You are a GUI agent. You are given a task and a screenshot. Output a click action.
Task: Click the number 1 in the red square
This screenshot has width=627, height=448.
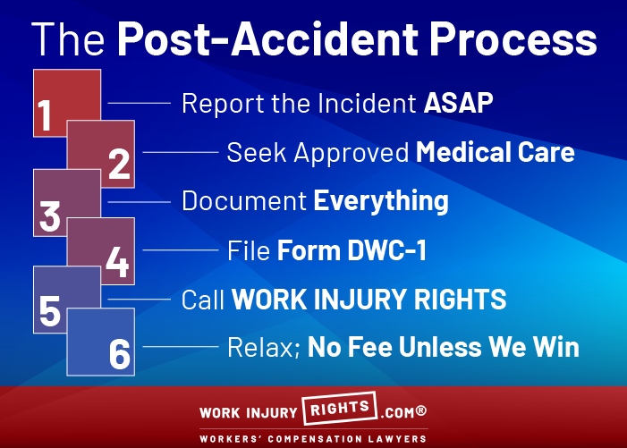(x=45, y=115)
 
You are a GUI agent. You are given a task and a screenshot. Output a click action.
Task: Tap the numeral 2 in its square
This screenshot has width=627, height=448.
(x=119, y=164)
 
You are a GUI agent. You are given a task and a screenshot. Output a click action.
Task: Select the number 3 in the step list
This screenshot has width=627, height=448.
(x=50, y=216)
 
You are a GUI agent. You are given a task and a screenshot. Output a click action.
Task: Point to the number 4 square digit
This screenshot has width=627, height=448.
(x=117, y=262)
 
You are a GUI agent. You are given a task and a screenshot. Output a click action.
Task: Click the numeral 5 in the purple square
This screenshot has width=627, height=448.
(x=50, y=310)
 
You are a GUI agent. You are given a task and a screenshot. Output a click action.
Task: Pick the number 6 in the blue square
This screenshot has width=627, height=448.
(x=120, y=354)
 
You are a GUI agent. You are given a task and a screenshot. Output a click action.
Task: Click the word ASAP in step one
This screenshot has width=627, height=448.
(x=458, y=103)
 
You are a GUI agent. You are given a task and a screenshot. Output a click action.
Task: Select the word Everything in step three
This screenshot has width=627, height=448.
(x=381, y=201)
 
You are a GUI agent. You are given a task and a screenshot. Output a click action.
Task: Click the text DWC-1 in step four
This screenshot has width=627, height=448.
(x=386, y=250)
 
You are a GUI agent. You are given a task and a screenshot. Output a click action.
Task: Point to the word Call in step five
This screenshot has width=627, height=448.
(x=203, y=300)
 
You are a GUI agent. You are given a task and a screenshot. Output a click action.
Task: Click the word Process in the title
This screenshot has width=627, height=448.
(x=513, y=39)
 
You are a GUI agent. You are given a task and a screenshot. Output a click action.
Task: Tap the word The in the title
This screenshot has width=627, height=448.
(x=68, y=39)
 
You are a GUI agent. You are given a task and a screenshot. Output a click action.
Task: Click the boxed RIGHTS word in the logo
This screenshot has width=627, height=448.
(x=340, y=408)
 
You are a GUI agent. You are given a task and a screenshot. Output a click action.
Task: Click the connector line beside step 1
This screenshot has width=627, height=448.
(x=140, y=103)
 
